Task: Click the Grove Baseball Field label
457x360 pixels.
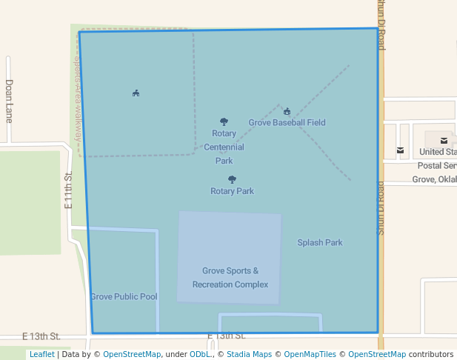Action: point(287,123)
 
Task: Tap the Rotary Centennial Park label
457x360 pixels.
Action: point(224,147)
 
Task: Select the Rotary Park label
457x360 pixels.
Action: point(232,191)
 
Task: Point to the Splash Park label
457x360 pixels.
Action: point(320,242)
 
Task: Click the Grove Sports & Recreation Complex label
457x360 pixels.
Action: point(230,278)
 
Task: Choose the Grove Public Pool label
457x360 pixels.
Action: point(124,297)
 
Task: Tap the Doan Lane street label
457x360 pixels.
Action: point(9,101)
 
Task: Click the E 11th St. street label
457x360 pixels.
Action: point(67,190)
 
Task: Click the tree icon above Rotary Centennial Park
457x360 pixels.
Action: point(224,121)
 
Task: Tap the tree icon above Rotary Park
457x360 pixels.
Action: point(232,179)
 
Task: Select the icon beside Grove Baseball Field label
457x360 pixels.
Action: point(287,112)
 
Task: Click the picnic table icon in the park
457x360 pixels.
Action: point(136,93)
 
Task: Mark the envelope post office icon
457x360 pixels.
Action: point(401,150)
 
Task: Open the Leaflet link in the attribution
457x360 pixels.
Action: point(41,355)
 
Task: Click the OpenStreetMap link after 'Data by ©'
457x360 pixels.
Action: point(131,355)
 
